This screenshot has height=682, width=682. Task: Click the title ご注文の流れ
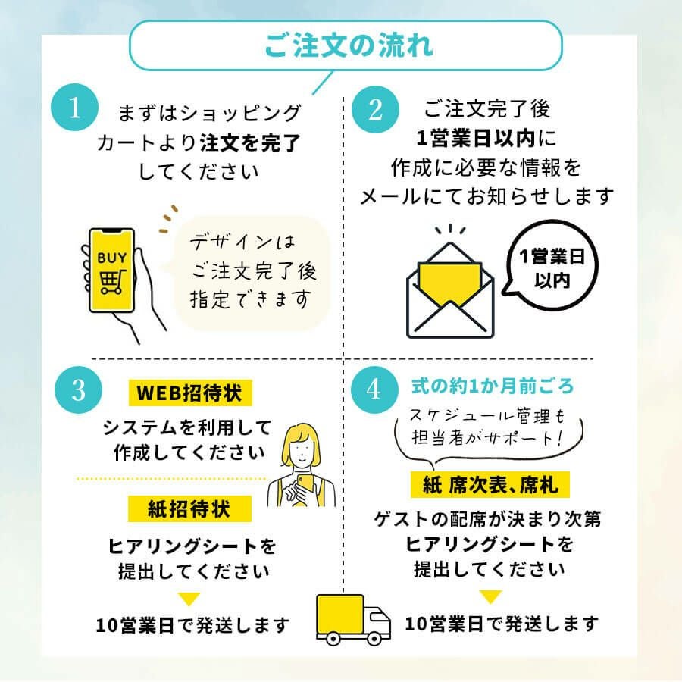(347, 45)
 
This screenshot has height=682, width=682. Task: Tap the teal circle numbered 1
(74, 109)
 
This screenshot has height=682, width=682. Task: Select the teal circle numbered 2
(376, 109)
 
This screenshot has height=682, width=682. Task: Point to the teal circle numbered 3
(78, 389)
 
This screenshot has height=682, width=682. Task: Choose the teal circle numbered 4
(373, 389)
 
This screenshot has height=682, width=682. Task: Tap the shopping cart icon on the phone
(112, 281)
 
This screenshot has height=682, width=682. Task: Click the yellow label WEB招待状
(189, 394)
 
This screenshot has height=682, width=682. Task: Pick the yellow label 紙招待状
(189, 508)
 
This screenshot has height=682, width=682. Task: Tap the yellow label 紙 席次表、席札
(490, 483)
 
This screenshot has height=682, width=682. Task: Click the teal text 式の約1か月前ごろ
(493, 386)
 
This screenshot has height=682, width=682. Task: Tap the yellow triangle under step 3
(189, 598)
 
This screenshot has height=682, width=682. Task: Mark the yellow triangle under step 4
(490, 597)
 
